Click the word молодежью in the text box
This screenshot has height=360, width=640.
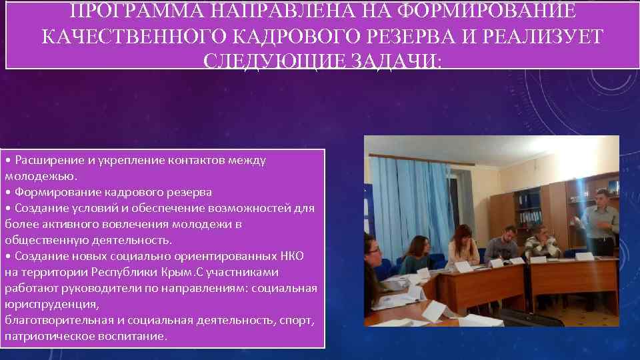click(39, 176)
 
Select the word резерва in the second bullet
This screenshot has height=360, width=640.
click(188, 192)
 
